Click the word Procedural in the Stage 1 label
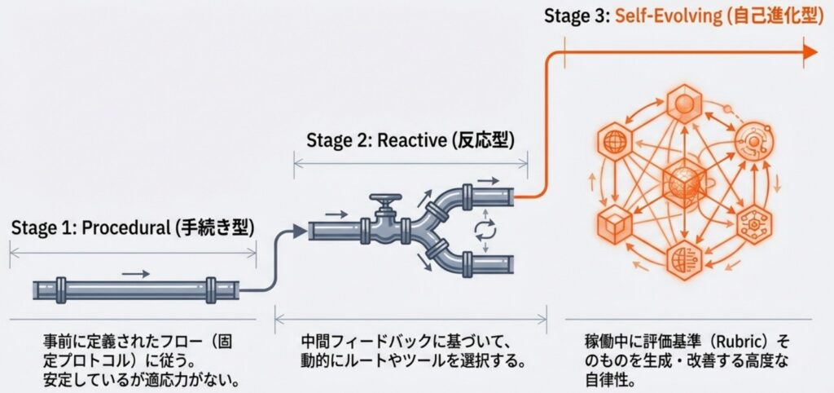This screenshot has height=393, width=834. tap(123, 228)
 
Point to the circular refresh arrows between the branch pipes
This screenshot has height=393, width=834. tap(483, 231)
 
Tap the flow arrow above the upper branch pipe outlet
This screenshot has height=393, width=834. tap(488, 179)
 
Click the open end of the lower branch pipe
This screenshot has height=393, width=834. tap(511, 265)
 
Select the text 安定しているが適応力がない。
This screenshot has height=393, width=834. tap(134, 379)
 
